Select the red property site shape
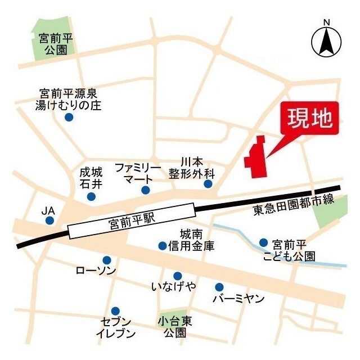pos(256,159)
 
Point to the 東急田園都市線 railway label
pos(301,210)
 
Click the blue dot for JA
pos(49,220)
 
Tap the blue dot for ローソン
pos(106,260)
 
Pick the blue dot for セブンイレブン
pos(115,310)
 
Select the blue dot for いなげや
pos(177,276)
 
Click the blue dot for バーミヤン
pos(219,287)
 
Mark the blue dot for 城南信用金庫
pos(163,245)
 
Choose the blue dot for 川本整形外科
pos(208,184)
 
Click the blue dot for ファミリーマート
pos(145,190)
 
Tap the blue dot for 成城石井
pos(91,196)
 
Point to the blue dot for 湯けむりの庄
pos(69,117)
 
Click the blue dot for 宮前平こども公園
pos(263,242)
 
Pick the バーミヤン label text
pos(238,299)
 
